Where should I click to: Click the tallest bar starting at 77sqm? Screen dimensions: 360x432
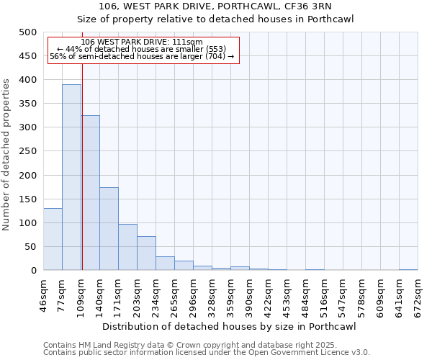pos(71,177)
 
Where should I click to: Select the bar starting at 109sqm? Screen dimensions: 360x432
pos(90,193)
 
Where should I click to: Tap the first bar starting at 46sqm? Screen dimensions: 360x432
pos(53,239)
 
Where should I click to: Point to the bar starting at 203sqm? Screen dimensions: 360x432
pos(146,253)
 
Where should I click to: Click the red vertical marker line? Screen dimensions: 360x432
pos(82,180)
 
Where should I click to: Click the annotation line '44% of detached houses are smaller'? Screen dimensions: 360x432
pos(142,49)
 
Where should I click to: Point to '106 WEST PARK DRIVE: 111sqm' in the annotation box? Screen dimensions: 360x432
pos(142,42)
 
